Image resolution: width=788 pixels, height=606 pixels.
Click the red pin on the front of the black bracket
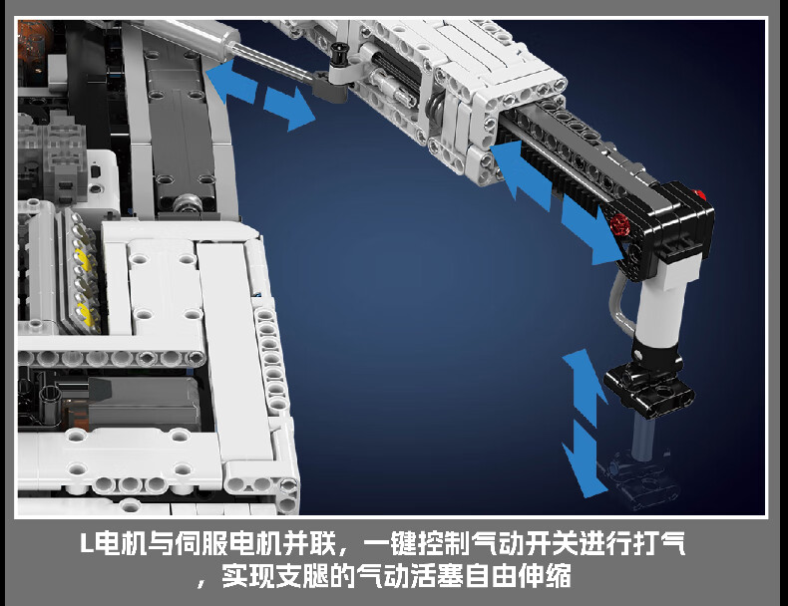tap(620, 224)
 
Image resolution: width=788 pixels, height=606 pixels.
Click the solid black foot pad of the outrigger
tap(648, 388)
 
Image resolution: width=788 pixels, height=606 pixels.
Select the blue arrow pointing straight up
tap(585, 387)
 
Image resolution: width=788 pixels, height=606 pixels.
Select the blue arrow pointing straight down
tap(583, 459)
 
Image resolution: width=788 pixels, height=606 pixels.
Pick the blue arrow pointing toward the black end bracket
tap(593, 230)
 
